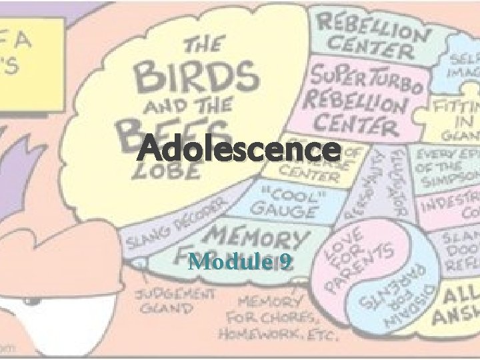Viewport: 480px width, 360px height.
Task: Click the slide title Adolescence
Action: click(x=238, y=148)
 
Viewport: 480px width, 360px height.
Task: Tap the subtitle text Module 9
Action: click(x=239, y=262)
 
